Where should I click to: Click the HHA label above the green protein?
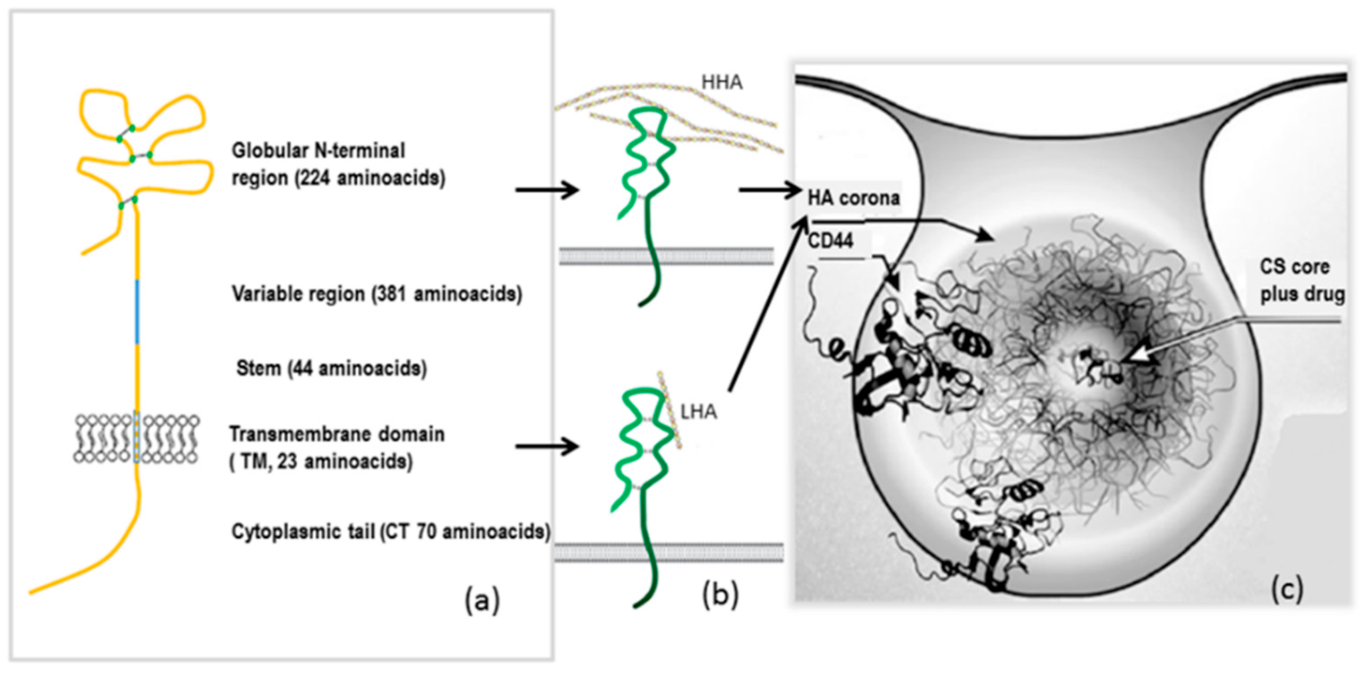pyautogui.click(x=722, y=83)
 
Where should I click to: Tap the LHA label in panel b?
pyautogui.click(x=698, y=412)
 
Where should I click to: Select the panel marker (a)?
pyautogui.click(x=482, y=601)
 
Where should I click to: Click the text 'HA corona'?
pyautogui.click(x=853, y=198)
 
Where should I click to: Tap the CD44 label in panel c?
pyautogui.click(x=830, y=241)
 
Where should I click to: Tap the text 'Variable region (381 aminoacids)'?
pyautogui.click(x=376, y=293)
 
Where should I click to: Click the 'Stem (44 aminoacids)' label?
pyautogui.click(x=331, y=368)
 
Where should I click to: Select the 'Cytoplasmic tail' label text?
pyautogui.click(x=303, y=531)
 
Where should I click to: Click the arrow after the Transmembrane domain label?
pyautogui.click(x=547, y=446)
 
